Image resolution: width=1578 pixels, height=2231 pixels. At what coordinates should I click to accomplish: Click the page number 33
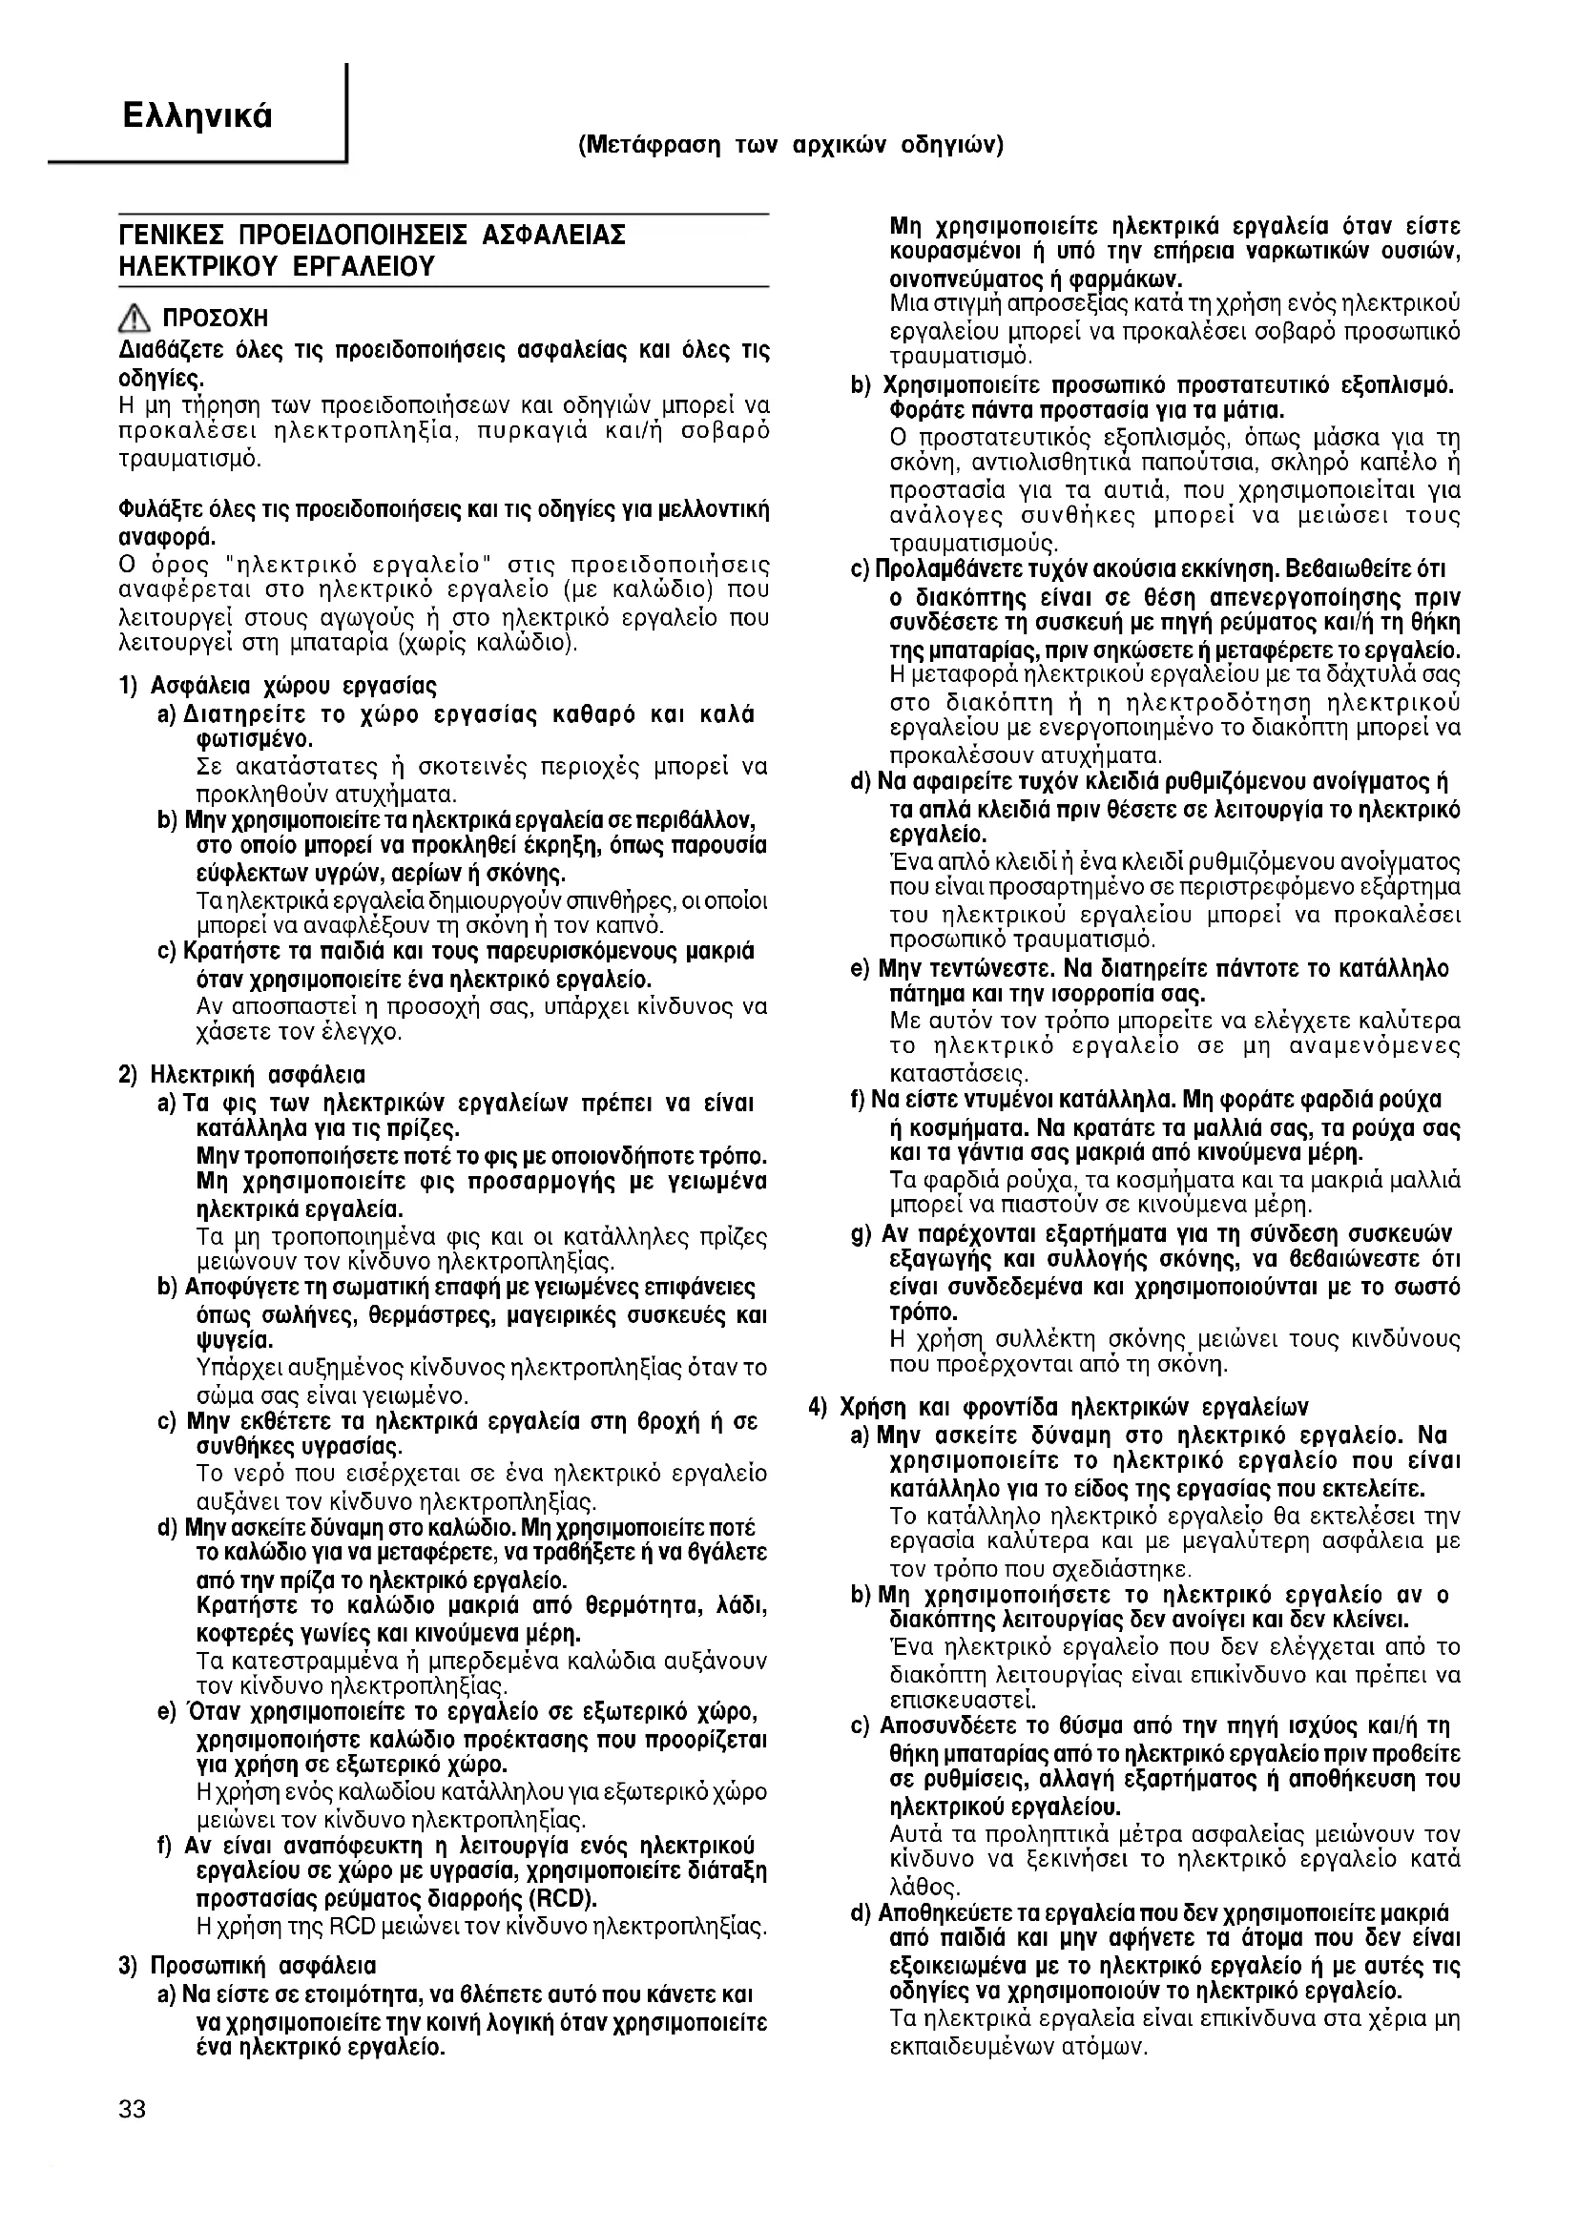(x=133, y=2109)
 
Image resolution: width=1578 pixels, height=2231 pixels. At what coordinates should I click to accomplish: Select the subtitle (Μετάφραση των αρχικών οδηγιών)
(x=790, y=146)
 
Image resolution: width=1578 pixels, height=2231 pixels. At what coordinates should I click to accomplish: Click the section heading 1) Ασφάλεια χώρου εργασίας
(x=278, y=686)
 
